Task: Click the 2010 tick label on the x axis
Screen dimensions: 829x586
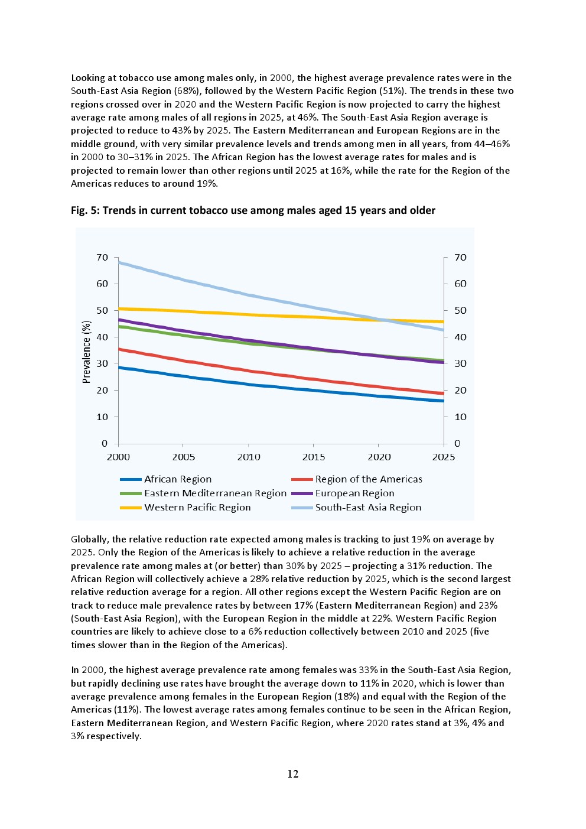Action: [x=249, y=457]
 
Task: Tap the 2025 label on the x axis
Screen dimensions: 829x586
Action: [x=444, y=457]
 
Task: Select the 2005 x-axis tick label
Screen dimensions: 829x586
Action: [x=184, y=457]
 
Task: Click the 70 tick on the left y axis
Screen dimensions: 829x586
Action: [x=102, y=258]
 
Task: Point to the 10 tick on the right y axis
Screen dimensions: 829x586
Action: [x=460, y=417]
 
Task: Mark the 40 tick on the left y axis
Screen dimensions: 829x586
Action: [x=102, y=337]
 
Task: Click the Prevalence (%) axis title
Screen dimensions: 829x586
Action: [x=87, y=352]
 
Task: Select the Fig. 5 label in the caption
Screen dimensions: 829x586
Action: [x=85, y=211]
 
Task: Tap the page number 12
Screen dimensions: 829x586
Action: [x=293, y=774]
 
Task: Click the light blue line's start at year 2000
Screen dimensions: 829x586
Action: [x=119, y=262]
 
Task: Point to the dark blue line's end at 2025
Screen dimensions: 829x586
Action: [x=443, y=401]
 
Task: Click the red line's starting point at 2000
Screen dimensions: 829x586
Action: [x=119, y=349]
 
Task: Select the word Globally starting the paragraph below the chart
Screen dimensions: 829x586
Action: [x=89, y=539]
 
